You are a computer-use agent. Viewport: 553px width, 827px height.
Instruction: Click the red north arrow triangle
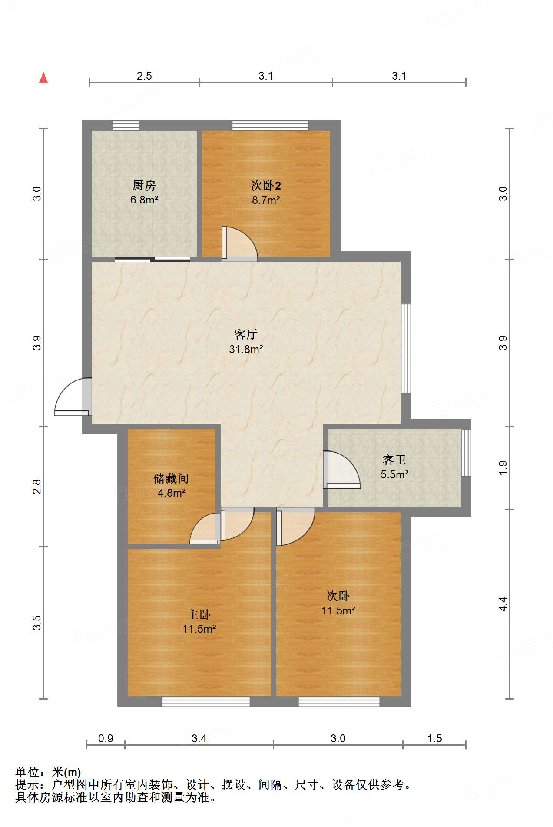click(x=43, y=78)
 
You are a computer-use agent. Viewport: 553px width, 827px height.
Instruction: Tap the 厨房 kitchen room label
click(x=144, y=186)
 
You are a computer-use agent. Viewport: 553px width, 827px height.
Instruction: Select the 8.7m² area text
click(x=266, y=200)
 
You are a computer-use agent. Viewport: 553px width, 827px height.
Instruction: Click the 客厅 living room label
click(x=246, y=334)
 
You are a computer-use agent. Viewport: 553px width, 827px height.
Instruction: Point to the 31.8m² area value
click(x=246, y=349)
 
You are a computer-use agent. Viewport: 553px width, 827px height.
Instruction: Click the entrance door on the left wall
click(x=74, y=397)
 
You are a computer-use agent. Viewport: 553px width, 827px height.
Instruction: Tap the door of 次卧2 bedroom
click(x=239, y=244)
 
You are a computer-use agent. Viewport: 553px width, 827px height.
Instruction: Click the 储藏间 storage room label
click(x=171, y=479)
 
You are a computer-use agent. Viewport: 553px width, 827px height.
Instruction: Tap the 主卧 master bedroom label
click(x=199, y=614)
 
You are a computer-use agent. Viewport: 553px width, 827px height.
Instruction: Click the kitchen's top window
click(x=126, y=126)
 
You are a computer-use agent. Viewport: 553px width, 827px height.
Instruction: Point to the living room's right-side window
click(x=405, y=348)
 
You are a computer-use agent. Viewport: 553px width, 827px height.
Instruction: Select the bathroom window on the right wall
click(x=466, y=453)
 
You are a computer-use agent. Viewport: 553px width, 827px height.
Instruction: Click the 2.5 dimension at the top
click(x=144, y=76)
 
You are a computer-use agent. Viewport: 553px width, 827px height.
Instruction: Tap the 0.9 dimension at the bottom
click(x=106, y=738)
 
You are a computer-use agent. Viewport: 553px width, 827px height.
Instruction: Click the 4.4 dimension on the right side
click(x=503, y=604)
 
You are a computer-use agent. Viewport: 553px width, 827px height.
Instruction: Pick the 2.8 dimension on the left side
click(x=37, y=486)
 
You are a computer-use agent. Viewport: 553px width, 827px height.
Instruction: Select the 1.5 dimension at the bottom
click(x=434, y=738)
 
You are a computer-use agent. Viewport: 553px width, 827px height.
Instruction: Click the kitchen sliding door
click(x=153, y=260)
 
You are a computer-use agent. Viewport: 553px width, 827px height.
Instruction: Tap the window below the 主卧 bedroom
click(x=206, y=701)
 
